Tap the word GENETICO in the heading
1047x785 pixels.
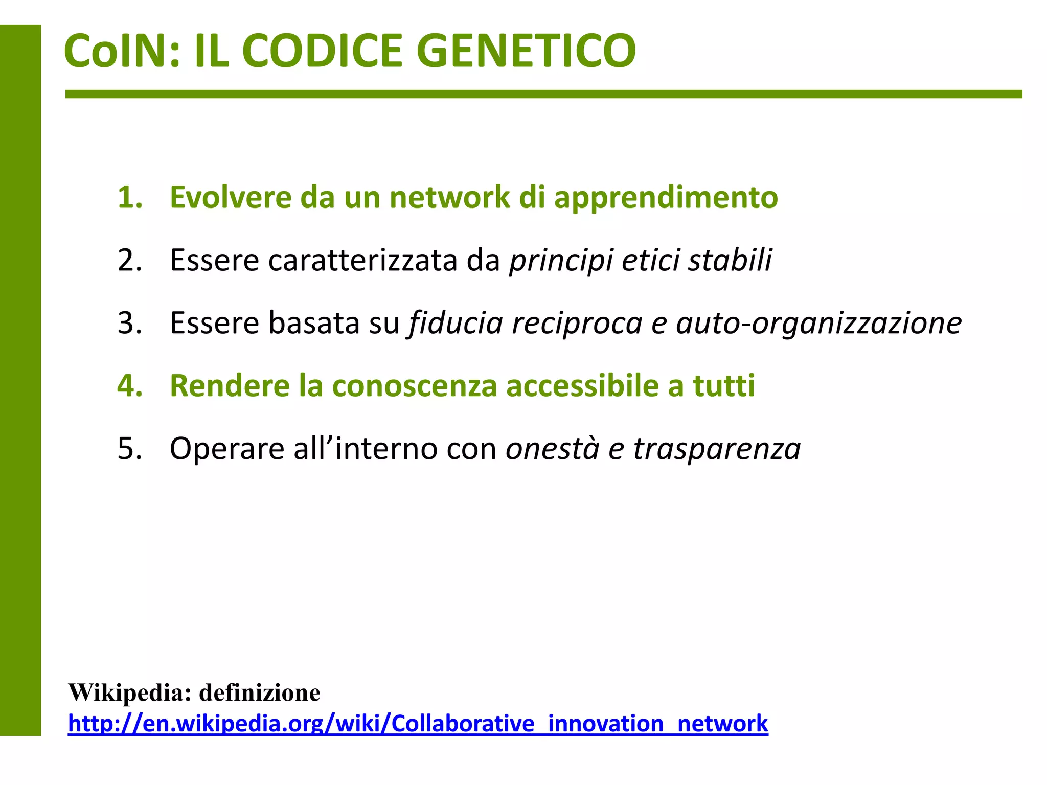527,51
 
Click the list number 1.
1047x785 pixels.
129,197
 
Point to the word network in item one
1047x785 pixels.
449,197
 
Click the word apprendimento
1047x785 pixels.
666,198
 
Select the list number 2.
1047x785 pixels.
129,260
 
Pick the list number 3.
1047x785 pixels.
129,323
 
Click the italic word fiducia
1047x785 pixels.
456,323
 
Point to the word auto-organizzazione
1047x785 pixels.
818,324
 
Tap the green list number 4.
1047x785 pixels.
129,386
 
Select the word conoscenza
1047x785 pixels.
414,386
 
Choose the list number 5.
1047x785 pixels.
129,449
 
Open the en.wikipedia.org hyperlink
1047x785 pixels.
418,724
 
